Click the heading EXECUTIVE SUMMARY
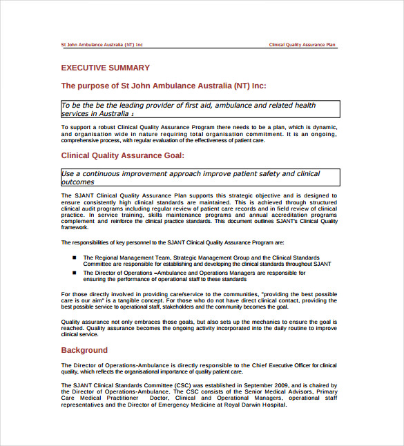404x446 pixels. click(x=105, y=68)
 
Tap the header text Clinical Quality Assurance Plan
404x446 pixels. click(x=302, y=45)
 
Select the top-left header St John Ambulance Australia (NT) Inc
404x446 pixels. click(x=102, y=45)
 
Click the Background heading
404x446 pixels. click(x=84, y=350)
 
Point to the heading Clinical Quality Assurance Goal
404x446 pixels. click(x=123, y=156)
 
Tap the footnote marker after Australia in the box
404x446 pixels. click(x=133, y=115)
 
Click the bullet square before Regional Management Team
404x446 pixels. click(x=74, y=258)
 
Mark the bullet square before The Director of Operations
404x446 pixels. click(x=74, y=273)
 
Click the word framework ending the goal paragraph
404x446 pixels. click(x=75, y=226)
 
